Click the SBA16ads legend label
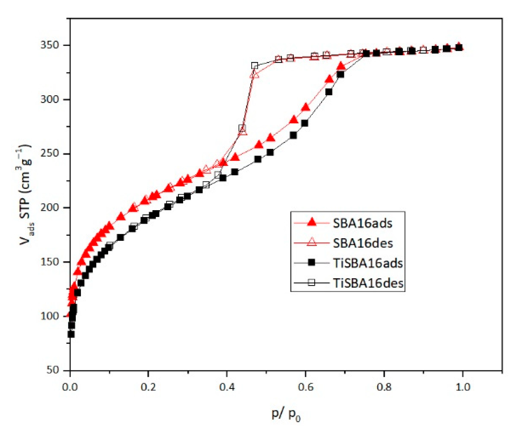pyautogui.click(x=362, y=223)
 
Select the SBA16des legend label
pyautogui.click(x=363, y=243)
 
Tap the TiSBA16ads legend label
pyautogui.click(x=368, y=263)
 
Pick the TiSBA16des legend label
pyautogui.click(x=368, y=283)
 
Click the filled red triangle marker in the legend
pyautogui.click(x=311, y=223)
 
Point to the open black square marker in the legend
pyautogui.click(x=311, y=283)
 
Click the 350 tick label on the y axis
pyautogui.click(x=50, y=45)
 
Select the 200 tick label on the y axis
pyautogui.click(x=50, y=208)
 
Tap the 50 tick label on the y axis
pyautogui.click(x=53, y=370)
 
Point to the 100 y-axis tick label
pyautogui.click(x=50, y=316)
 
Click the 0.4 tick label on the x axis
pyautogui.click(x=227, y=387)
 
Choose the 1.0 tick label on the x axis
pyautogui.click(x=463, y=387)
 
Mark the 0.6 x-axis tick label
pyautogui.click(x=306, y=387)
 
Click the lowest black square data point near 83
pyautogui.click(x=71, y=334)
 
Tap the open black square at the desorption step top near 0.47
pyautogui.click(x=255, y=66)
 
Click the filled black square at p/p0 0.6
pyautogui.click(x=305, y=123)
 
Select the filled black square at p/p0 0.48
pyautogui.click(x=258, y=159)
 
